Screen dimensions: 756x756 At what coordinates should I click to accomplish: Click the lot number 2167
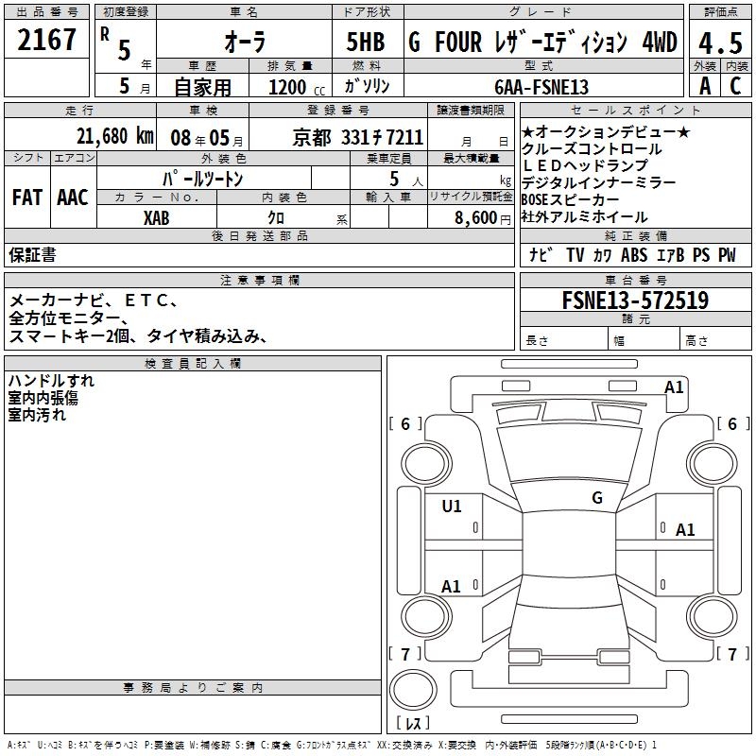click(47, 41)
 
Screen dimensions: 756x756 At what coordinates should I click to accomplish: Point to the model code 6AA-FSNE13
click(541, 87)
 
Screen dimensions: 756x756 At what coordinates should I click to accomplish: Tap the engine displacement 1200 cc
click(293, 87)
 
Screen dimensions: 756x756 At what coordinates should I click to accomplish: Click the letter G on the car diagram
click(596, 498)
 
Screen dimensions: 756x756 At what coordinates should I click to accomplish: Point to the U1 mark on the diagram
click(452, 507)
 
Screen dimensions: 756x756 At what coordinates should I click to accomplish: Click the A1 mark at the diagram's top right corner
click(674, 387)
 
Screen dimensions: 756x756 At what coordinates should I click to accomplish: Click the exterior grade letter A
click(704, 86)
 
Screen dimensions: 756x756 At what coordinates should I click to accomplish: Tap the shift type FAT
click(26, 198)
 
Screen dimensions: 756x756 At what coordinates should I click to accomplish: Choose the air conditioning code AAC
click(72, 198)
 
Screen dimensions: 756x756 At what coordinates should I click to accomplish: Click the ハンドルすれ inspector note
click(51, 381)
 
